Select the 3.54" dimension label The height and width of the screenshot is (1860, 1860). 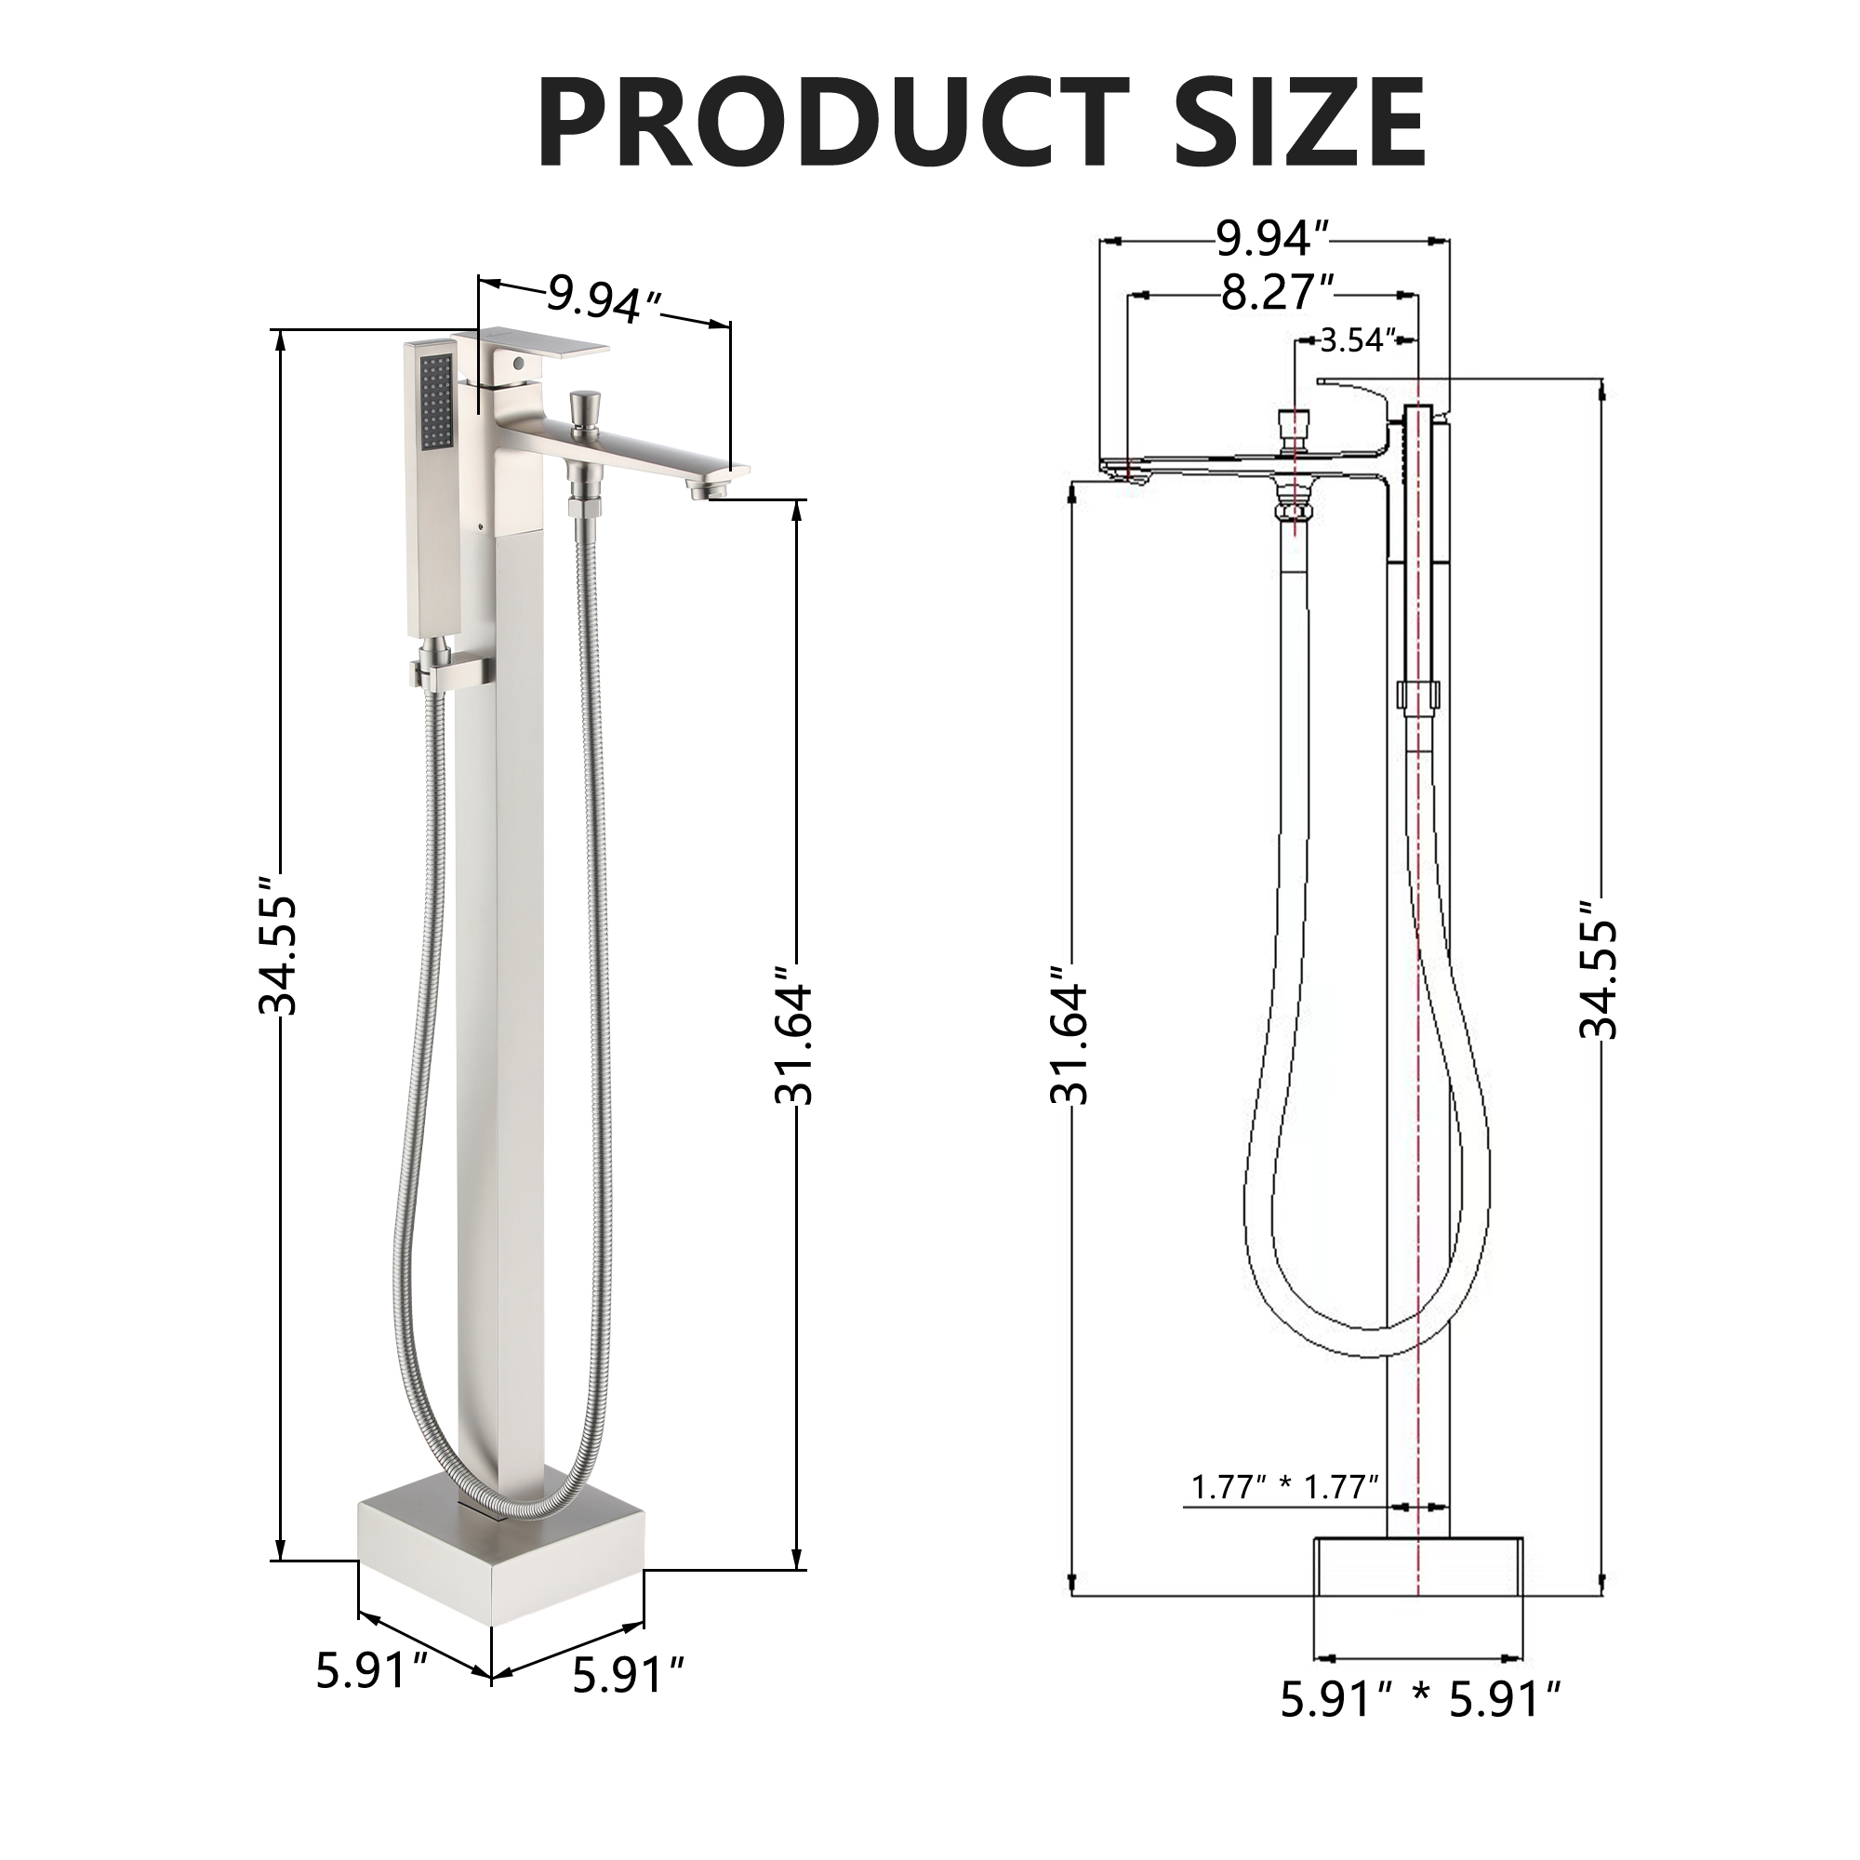(1358, 339)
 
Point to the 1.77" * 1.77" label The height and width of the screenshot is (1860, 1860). (1285, 1487)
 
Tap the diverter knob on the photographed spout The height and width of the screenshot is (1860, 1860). (584, 411)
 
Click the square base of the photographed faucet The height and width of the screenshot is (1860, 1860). (500, 1560)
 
